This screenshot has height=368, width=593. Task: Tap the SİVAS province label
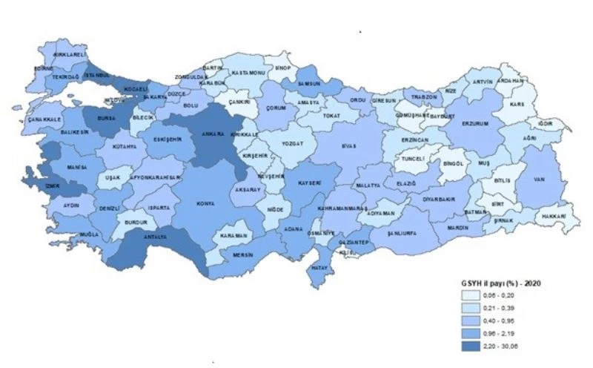(x=348, y=147)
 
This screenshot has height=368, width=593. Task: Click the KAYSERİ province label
(x=308, y=182)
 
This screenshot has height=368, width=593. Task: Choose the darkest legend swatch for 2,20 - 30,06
(x=469, y=344)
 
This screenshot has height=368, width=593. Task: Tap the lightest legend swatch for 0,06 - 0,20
(x=469, y=296)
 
